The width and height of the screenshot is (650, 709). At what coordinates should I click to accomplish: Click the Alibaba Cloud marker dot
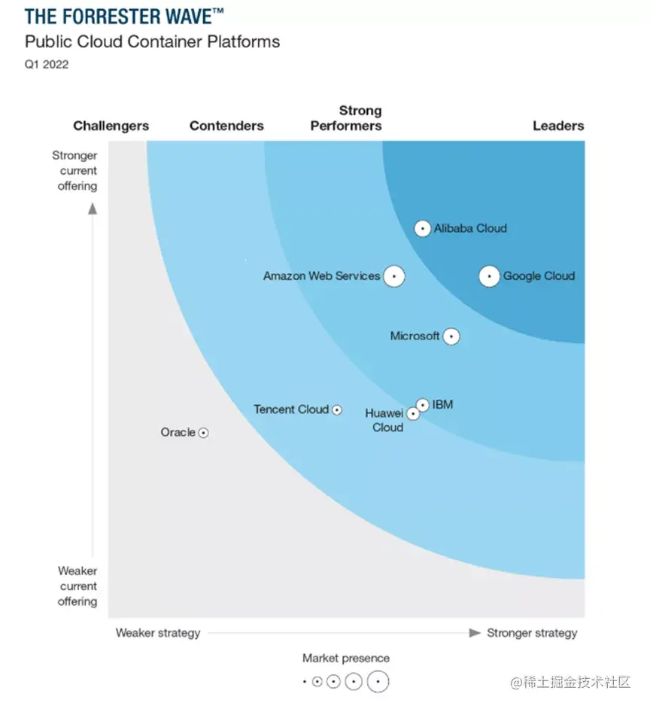click(423, 228)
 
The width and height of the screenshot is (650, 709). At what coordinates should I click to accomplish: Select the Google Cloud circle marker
click(490, 277)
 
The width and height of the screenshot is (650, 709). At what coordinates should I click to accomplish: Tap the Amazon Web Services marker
click(393, 276)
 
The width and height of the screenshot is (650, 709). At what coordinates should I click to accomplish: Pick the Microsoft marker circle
click(451, 336)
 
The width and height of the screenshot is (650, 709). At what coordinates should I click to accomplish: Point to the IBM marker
click(423, 405)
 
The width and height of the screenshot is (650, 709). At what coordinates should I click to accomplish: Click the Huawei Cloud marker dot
click(413, 414)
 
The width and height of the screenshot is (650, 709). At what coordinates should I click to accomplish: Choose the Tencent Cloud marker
click(337, 410)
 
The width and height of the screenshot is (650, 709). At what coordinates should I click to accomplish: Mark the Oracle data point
click(203, 433)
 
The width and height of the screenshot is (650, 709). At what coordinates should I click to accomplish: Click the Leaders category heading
click(558, 126)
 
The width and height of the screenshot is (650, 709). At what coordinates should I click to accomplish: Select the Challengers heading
click(111, 126)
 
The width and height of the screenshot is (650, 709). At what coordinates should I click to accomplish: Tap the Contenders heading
click(226, 126)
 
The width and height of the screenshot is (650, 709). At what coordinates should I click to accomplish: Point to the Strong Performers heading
click(346, 118)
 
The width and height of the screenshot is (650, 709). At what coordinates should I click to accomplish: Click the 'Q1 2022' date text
click(47, 64)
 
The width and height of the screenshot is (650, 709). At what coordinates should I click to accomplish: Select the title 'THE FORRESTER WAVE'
click(124, 16)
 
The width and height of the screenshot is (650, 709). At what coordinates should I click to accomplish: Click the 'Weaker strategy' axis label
click(157, 633)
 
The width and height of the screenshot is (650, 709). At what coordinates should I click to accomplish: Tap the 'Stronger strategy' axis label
click(532, 633)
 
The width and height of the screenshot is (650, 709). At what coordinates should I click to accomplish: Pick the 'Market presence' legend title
click(346, 659)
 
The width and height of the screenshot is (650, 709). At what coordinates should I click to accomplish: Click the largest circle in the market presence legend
click(378, 682)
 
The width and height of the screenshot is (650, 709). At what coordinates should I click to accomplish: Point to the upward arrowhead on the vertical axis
click(93, 208)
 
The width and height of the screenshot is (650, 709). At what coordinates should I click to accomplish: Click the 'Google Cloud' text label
click(539, 276)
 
